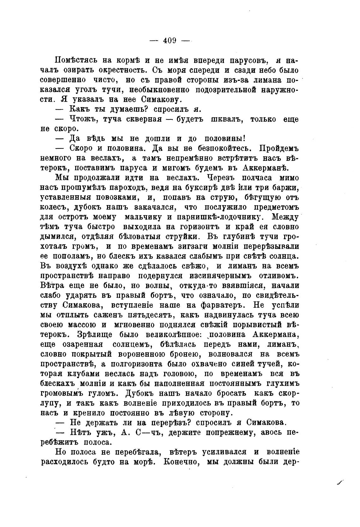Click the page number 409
[x=170, y=40]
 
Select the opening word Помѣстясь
[x=75, y=60]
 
